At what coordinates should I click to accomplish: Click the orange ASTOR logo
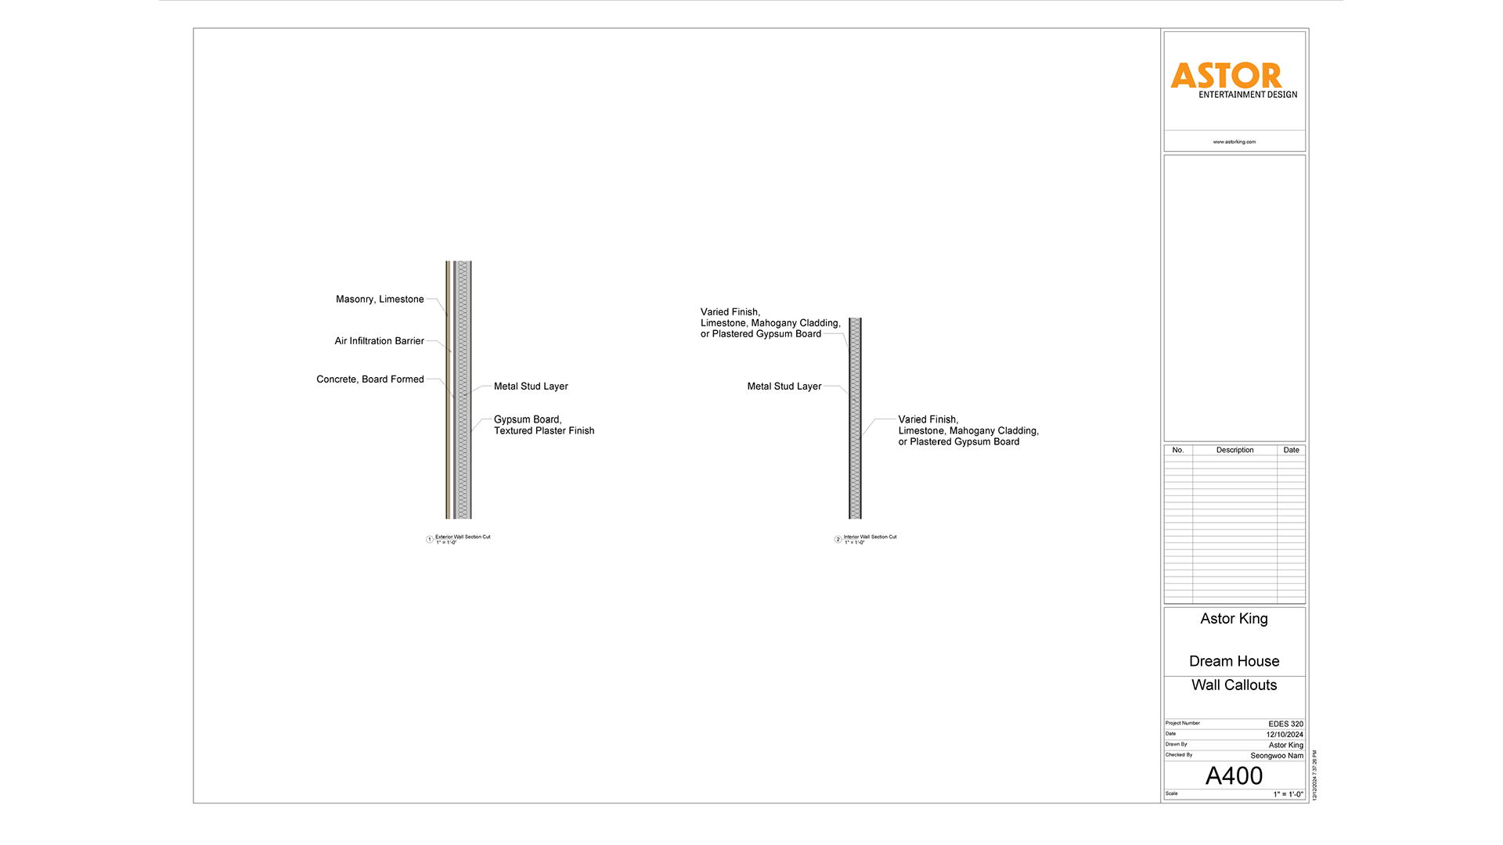click(1226, 76)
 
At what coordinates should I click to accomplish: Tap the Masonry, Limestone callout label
click(380, 300)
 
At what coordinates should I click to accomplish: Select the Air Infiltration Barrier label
click(379, 341)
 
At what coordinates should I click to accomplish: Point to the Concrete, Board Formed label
click(369, 379)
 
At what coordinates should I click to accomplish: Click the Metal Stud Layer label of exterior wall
click(531, 387)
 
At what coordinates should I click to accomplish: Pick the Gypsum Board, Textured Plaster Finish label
click(543, 426)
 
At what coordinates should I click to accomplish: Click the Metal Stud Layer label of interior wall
click(784, 387)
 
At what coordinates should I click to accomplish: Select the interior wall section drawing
click(855, 418)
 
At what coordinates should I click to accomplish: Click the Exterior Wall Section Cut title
click(463, 538)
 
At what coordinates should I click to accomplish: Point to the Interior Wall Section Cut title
click(870, 538)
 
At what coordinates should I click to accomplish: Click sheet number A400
click(1234, 776)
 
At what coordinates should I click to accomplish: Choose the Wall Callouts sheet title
click(1234, 685)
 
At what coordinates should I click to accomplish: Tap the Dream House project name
click(1234, 661)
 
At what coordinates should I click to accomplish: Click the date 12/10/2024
click(1285, 735)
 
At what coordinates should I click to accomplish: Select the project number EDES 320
click(1285, 724)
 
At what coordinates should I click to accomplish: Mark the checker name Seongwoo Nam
click(1277, 756)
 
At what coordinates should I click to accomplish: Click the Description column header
click(1234, 450)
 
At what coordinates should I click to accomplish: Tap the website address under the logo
click(1234, 142)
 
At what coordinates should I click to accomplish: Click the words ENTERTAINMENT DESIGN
click(1248, 95)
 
